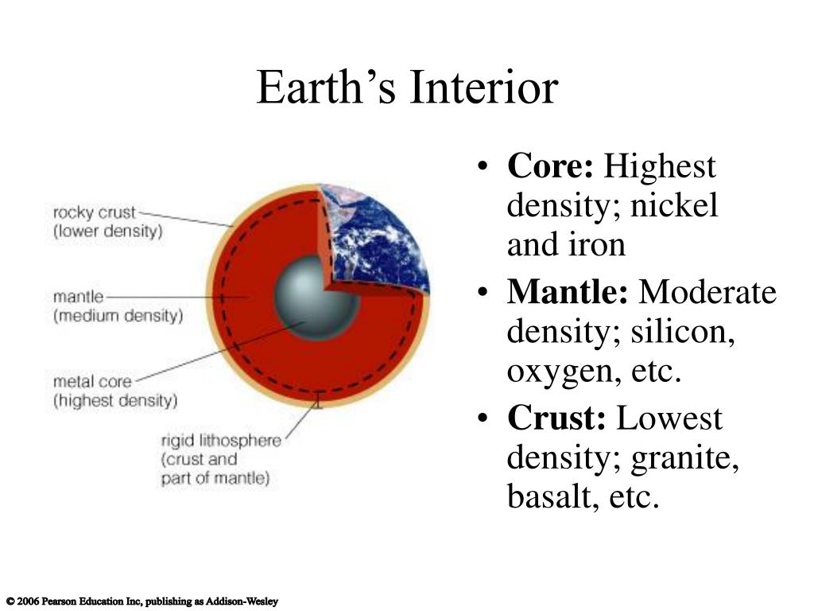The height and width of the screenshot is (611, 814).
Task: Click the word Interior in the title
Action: tap(484, 88)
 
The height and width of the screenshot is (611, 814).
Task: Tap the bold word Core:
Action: tap(550, 166)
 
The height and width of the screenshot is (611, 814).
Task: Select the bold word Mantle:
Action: tap(568, 292)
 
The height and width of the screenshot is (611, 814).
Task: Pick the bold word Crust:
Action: tap(556, 418)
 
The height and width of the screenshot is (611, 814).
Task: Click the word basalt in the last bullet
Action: tap(550, 496)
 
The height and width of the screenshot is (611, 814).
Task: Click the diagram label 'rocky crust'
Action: tap(94, 212)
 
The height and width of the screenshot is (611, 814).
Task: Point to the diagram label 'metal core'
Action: tap(92, 382)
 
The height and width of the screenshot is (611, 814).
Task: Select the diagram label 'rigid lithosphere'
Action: tap(221, 441)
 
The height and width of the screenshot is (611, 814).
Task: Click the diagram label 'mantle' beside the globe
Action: tap(79, 297)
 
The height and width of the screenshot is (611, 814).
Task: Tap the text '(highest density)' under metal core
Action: tap(115, 401)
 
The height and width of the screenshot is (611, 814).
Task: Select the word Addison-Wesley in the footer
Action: tap(242, 601)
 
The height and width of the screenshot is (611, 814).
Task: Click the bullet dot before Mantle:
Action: tap(483, 293)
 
